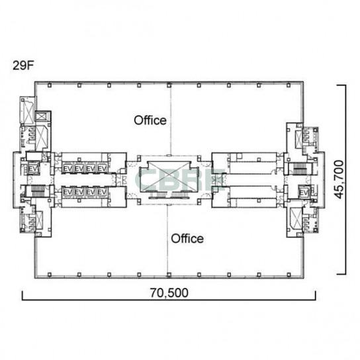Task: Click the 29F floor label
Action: (23, 66)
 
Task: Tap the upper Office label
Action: (150, 120)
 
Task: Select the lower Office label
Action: (187, 238)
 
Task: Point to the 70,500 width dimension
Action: (169, 292)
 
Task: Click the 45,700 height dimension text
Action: (339, 179)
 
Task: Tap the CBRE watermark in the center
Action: (180, 179)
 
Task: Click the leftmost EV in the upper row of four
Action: (67, 169)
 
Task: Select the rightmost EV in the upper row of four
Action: (102, 169)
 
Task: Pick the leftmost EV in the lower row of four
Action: (67, 192)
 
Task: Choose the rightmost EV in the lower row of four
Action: (102, 192)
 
